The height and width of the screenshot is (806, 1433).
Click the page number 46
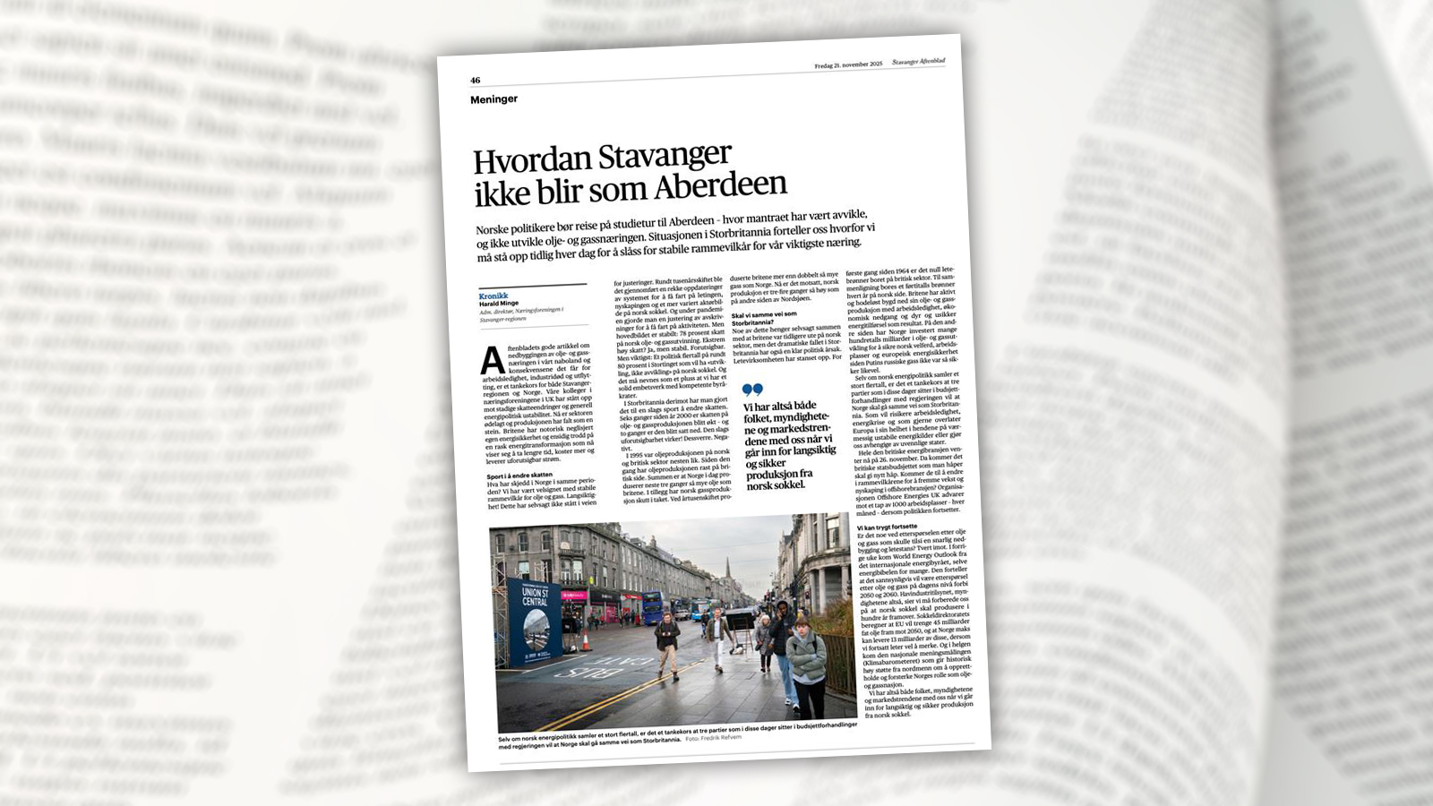(476, 81)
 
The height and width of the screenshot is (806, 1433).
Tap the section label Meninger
(493, 99)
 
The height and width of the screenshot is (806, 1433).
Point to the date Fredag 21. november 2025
(848, 64)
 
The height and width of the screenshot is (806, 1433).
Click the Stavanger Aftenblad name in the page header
(918, 61)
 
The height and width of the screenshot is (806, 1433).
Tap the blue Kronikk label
(493, 296)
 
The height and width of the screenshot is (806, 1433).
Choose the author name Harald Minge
(499, 304)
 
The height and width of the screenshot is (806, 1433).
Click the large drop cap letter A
(493, 360)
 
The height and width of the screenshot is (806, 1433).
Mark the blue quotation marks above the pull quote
(752, 390)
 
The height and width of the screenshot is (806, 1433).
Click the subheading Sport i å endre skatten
(520, 475)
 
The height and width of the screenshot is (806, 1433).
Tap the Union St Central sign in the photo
(535, 596)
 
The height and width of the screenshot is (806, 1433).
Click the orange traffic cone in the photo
(586, 641)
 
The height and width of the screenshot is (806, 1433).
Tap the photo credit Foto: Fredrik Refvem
(714, 738)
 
